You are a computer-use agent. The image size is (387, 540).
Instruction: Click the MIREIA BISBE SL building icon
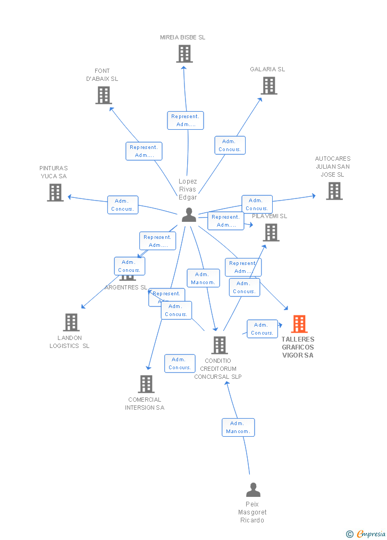coord(184,54)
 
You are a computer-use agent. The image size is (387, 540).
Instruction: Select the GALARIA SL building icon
coord(269,86)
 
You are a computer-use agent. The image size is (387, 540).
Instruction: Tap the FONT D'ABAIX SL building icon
coord(103,95)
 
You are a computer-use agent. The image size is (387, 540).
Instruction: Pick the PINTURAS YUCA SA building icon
coord(55,193)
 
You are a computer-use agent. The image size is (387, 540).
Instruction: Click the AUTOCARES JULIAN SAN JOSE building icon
coord(334,191)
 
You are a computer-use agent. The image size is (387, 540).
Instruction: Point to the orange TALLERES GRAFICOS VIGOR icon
coord(299,324)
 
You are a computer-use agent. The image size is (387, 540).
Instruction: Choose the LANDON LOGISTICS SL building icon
coord(71,322)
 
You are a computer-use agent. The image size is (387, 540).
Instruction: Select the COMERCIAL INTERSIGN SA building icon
coord(146,384)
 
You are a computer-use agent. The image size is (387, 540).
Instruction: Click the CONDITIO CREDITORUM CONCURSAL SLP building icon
coord(219,345)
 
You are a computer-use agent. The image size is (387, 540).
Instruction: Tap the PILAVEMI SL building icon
coord(271,232)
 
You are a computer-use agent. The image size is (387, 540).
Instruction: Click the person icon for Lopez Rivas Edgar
coord(189,215)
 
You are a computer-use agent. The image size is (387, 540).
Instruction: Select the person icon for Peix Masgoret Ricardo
coord(253,489)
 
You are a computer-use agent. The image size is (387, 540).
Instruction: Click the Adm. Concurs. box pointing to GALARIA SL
coord(230,145)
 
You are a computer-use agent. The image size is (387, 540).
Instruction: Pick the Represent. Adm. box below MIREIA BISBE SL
coord(186,120)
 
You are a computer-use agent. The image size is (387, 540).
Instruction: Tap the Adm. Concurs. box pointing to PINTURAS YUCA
coord(123,205)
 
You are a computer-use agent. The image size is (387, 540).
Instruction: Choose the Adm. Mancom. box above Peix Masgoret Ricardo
coord(238,427)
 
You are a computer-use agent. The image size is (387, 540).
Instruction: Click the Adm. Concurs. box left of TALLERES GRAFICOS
coord(262,329)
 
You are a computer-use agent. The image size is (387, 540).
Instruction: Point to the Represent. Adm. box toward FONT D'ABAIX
coord(144,151)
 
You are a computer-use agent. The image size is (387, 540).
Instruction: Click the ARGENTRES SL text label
coord(125,287)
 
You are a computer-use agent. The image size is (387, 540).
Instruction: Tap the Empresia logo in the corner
coord(366,534)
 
